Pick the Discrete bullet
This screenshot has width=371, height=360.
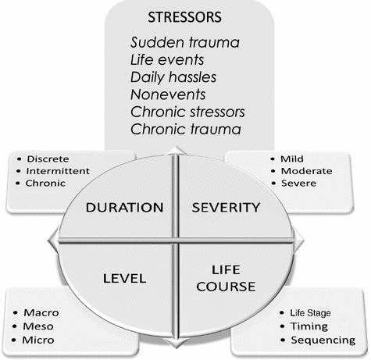pos(49,159)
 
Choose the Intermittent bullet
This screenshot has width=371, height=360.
pos(59,171)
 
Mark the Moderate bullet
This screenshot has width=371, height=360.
pos(307,171)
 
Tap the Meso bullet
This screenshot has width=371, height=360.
pos(41,326)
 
